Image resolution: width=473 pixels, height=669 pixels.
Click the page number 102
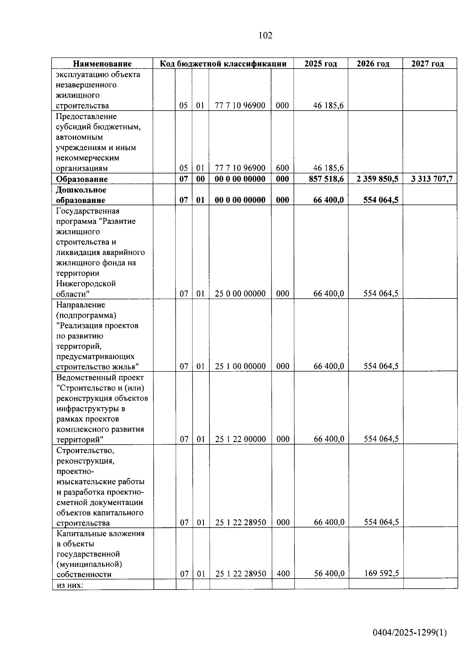click(x=265, y=35)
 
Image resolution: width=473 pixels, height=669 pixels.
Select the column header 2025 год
click(x=320, y=63)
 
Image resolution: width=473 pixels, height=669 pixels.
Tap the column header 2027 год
click(x=427, y=63)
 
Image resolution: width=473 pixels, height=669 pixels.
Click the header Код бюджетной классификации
click(x=223, y=63)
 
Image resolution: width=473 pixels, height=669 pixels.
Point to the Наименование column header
click(x=102, y=63)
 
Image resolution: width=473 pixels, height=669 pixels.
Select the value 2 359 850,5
click(x=377, y=179)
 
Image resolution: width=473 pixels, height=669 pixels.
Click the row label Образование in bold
click(x=82, y=179)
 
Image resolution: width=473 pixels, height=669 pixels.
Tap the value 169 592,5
click(x=381, y=573)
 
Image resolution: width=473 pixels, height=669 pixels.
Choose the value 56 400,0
click(x=329, y=573)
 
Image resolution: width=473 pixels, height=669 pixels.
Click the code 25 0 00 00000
click(x=240, y=294)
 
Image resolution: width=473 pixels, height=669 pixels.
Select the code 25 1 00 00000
click(x=240, y=366)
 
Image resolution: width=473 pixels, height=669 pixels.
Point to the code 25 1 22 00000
click(x=240, y=439)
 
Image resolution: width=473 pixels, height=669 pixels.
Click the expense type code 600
click(x=282, y=168)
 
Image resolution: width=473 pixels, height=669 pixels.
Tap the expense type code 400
click(x=283, y=574)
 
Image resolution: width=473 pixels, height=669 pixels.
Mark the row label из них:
click(x=70, y=585)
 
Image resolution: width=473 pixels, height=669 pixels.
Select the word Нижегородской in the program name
click(x=86, y=284)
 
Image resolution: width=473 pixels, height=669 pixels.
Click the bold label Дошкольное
click(x=81, y=190)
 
